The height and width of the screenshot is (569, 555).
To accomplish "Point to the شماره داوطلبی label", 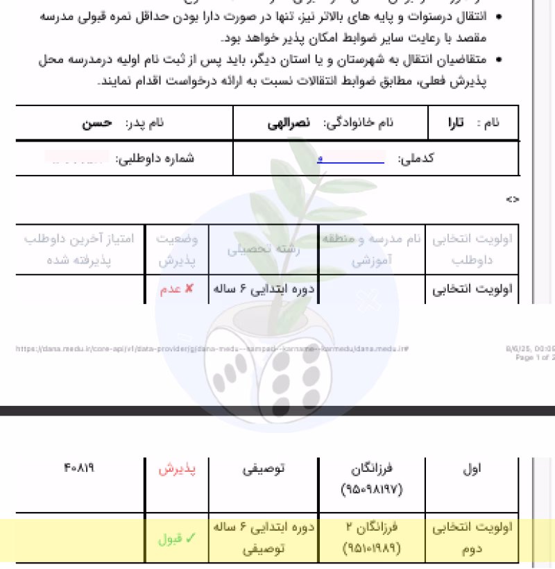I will point(155,159).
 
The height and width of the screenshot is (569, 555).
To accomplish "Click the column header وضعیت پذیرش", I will point(176,250).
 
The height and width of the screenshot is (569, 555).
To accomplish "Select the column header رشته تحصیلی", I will point(263,250).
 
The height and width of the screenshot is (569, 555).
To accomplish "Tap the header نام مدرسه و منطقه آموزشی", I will point(371,250).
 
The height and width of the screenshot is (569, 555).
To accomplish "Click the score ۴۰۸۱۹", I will point(78,468).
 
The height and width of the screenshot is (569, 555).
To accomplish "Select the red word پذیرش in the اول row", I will point(177,469).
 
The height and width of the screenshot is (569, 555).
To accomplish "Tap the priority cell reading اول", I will point(472,469).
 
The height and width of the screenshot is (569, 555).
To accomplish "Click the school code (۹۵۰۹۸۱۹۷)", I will point(371,490).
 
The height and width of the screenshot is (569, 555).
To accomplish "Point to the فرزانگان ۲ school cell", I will point(371,527).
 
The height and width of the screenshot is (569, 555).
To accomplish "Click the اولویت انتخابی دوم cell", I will point(472,538).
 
